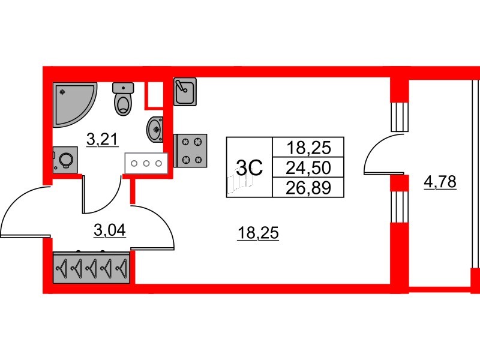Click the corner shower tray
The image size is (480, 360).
[x=72, y=101]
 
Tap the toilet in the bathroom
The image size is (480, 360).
[x=123, y=98]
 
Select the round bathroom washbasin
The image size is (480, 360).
[x=155, y=130]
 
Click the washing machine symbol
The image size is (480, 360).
[x=65, y=160]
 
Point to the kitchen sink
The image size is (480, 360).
[x=185, y=91]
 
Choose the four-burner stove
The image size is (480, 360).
[x=190, y=151]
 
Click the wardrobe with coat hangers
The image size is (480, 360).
[x=91, y=267]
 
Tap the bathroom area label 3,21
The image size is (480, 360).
[x=102, y=140]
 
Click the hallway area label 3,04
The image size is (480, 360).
[x=110, y=230]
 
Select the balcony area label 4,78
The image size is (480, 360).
[x=440, y=182]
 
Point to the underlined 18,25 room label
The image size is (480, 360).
[x=258, y=233]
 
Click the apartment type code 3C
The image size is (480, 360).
[x=250, y=168]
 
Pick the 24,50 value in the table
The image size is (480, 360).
[x=308, y=168]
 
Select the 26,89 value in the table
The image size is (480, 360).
[x=308, y=187]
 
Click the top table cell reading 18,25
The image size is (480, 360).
[x=309, y=148]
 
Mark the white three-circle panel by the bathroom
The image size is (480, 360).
[x=146, y=163]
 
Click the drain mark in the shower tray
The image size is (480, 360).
[x=62, y=92]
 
